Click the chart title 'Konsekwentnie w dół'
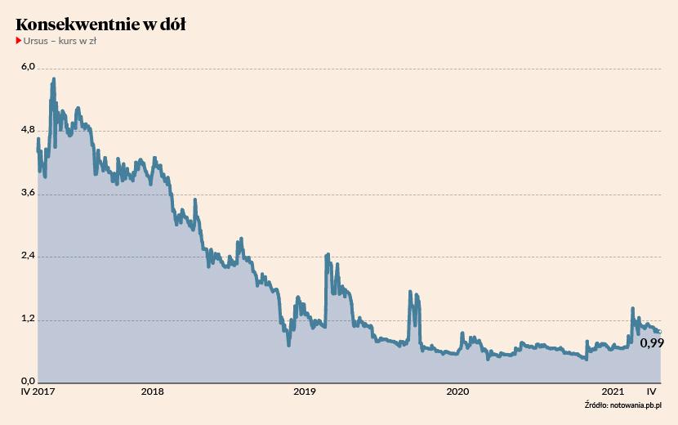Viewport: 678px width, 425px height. (x=100, y=25)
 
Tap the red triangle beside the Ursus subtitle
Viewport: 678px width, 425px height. (x=19, y=41)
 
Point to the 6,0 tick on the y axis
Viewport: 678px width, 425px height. (x=27, y=68)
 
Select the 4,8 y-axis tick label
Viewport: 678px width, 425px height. (x=27, y=130)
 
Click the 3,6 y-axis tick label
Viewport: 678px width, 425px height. (x=27, y=193)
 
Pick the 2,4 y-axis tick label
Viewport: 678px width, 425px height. (x=27, y=256)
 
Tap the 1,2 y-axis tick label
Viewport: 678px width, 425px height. (x=27, y=319)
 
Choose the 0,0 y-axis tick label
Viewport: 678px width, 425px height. (x=27, y=382)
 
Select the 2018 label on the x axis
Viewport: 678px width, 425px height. (x=152, y=392)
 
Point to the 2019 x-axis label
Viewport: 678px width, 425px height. (x=305, y=392)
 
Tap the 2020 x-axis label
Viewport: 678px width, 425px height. (x=457, y=392)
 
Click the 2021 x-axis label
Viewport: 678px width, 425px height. (x=612, y=392)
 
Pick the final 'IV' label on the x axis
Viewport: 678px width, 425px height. (x=652, y=392)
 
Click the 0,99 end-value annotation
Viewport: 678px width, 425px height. (x=651, y=344)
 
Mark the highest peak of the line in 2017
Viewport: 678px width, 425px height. (x=54, y=79)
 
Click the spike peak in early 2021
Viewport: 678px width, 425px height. (x=632, y=309)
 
